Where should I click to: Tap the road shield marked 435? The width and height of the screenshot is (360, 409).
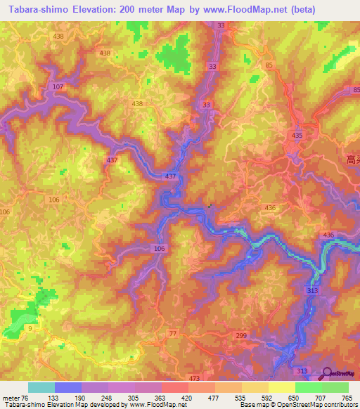(297, 135)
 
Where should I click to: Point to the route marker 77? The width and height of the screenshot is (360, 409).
(173, 332)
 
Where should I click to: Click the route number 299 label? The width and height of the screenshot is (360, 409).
(241, 337)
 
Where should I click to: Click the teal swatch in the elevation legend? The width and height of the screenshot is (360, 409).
(41, 387)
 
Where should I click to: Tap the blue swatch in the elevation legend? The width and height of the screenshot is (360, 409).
(68, 387)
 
